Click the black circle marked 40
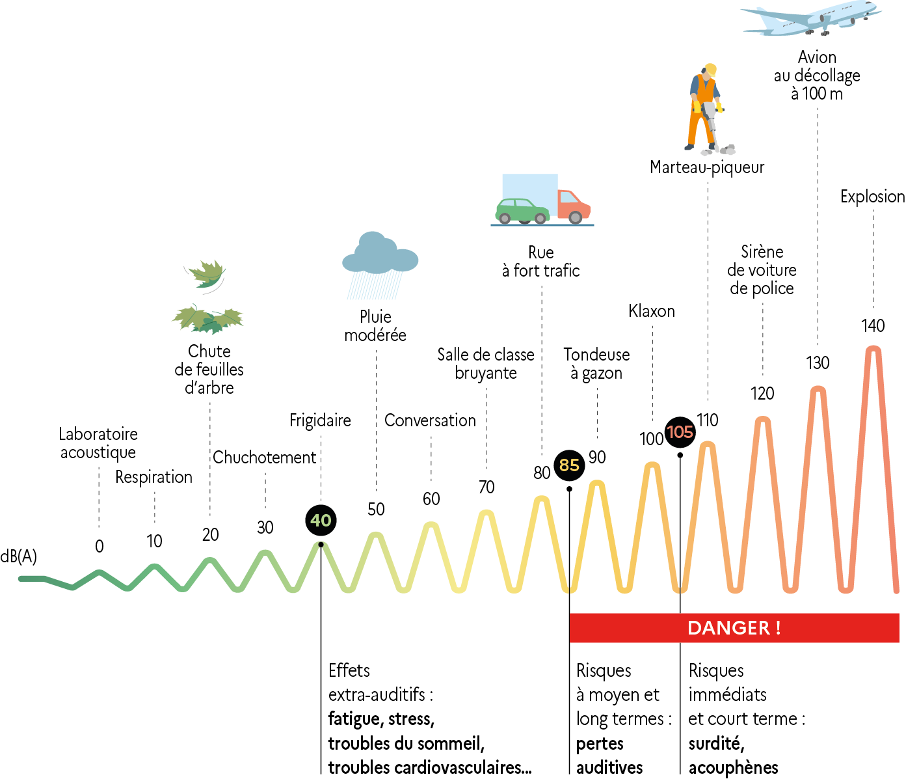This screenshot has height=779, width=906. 321,520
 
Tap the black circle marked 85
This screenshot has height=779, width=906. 569,465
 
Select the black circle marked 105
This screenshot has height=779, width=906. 680,432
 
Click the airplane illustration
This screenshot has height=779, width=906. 810,18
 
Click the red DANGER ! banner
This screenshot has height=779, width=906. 734,628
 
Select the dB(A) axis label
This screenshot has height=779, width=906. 19,556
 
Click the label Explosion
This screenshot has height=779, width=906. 872,197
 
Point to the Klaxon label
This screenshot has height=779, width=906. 652,311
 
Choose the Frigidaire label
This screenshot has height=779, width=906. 320,420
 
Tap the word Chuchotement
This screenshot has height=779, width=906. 264,458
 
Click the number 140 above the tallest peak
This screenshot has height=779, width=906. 872,325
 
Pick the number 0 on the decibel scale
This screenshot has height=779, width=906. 99,547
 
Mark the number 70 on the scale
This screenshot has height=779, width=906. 486,487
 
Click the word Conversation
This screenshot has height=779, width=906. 430,420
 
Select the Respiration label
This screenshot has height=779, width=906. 154,477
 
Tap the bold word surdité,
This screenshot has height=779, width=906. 716,743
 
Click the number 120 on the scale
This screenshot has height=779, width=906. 762,393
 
